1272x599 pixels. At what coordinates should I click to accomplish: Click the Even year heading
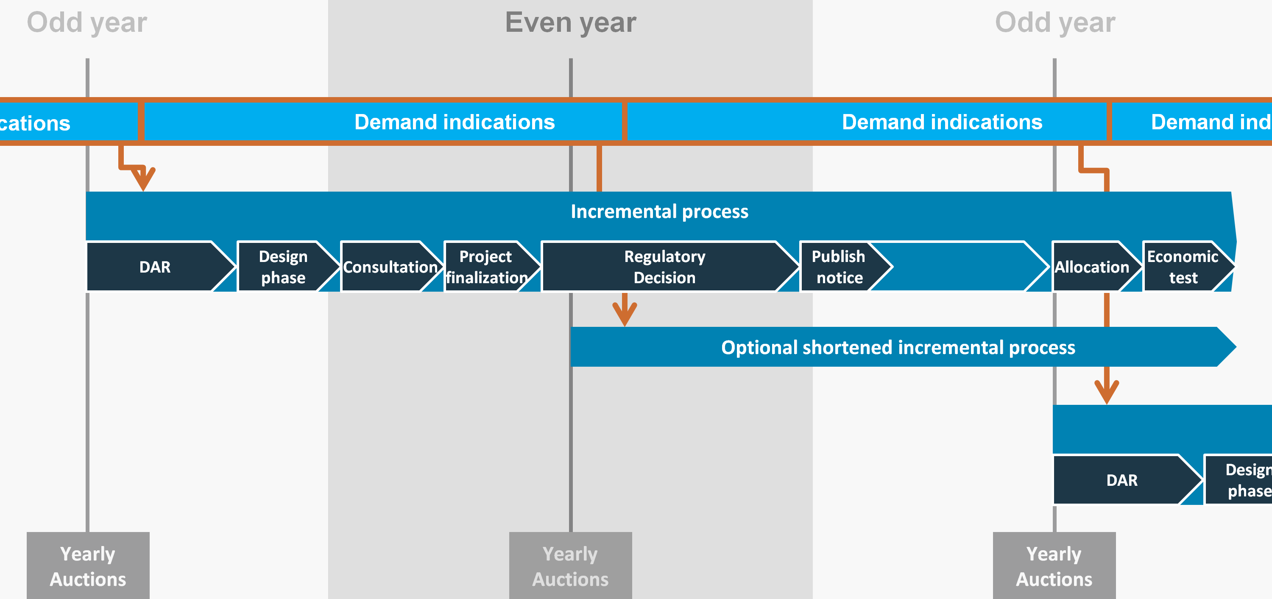coord(570,23)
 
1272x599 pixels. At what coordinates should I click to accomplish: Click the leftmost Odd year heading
coord(87,23)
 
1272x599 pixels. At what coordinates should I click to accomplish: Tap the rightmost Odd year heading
coord(1055,23)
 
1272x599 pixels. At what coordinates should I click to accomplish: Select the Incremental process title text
coord(659,212)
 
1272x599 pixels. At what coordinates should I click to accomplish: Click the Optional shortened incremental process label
coord(898,347)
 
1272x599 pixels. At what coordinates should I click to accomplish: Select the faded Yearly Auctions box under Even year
coord(570,566)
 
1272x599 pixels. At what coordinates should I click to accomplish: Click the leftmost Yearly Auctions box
coord(88,566)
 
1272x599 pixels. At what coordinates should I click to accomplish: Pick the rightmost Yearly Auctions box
coord(1054,566)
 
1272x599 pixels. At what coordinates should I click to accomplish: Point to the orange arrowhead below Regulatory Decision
coord(625,314)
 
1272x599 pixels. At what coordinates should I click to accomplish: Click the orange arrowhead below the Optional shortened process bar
coord(1107,392)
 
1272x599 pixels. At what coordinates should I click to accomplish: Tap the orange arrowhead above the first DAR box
coord(143,179)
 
